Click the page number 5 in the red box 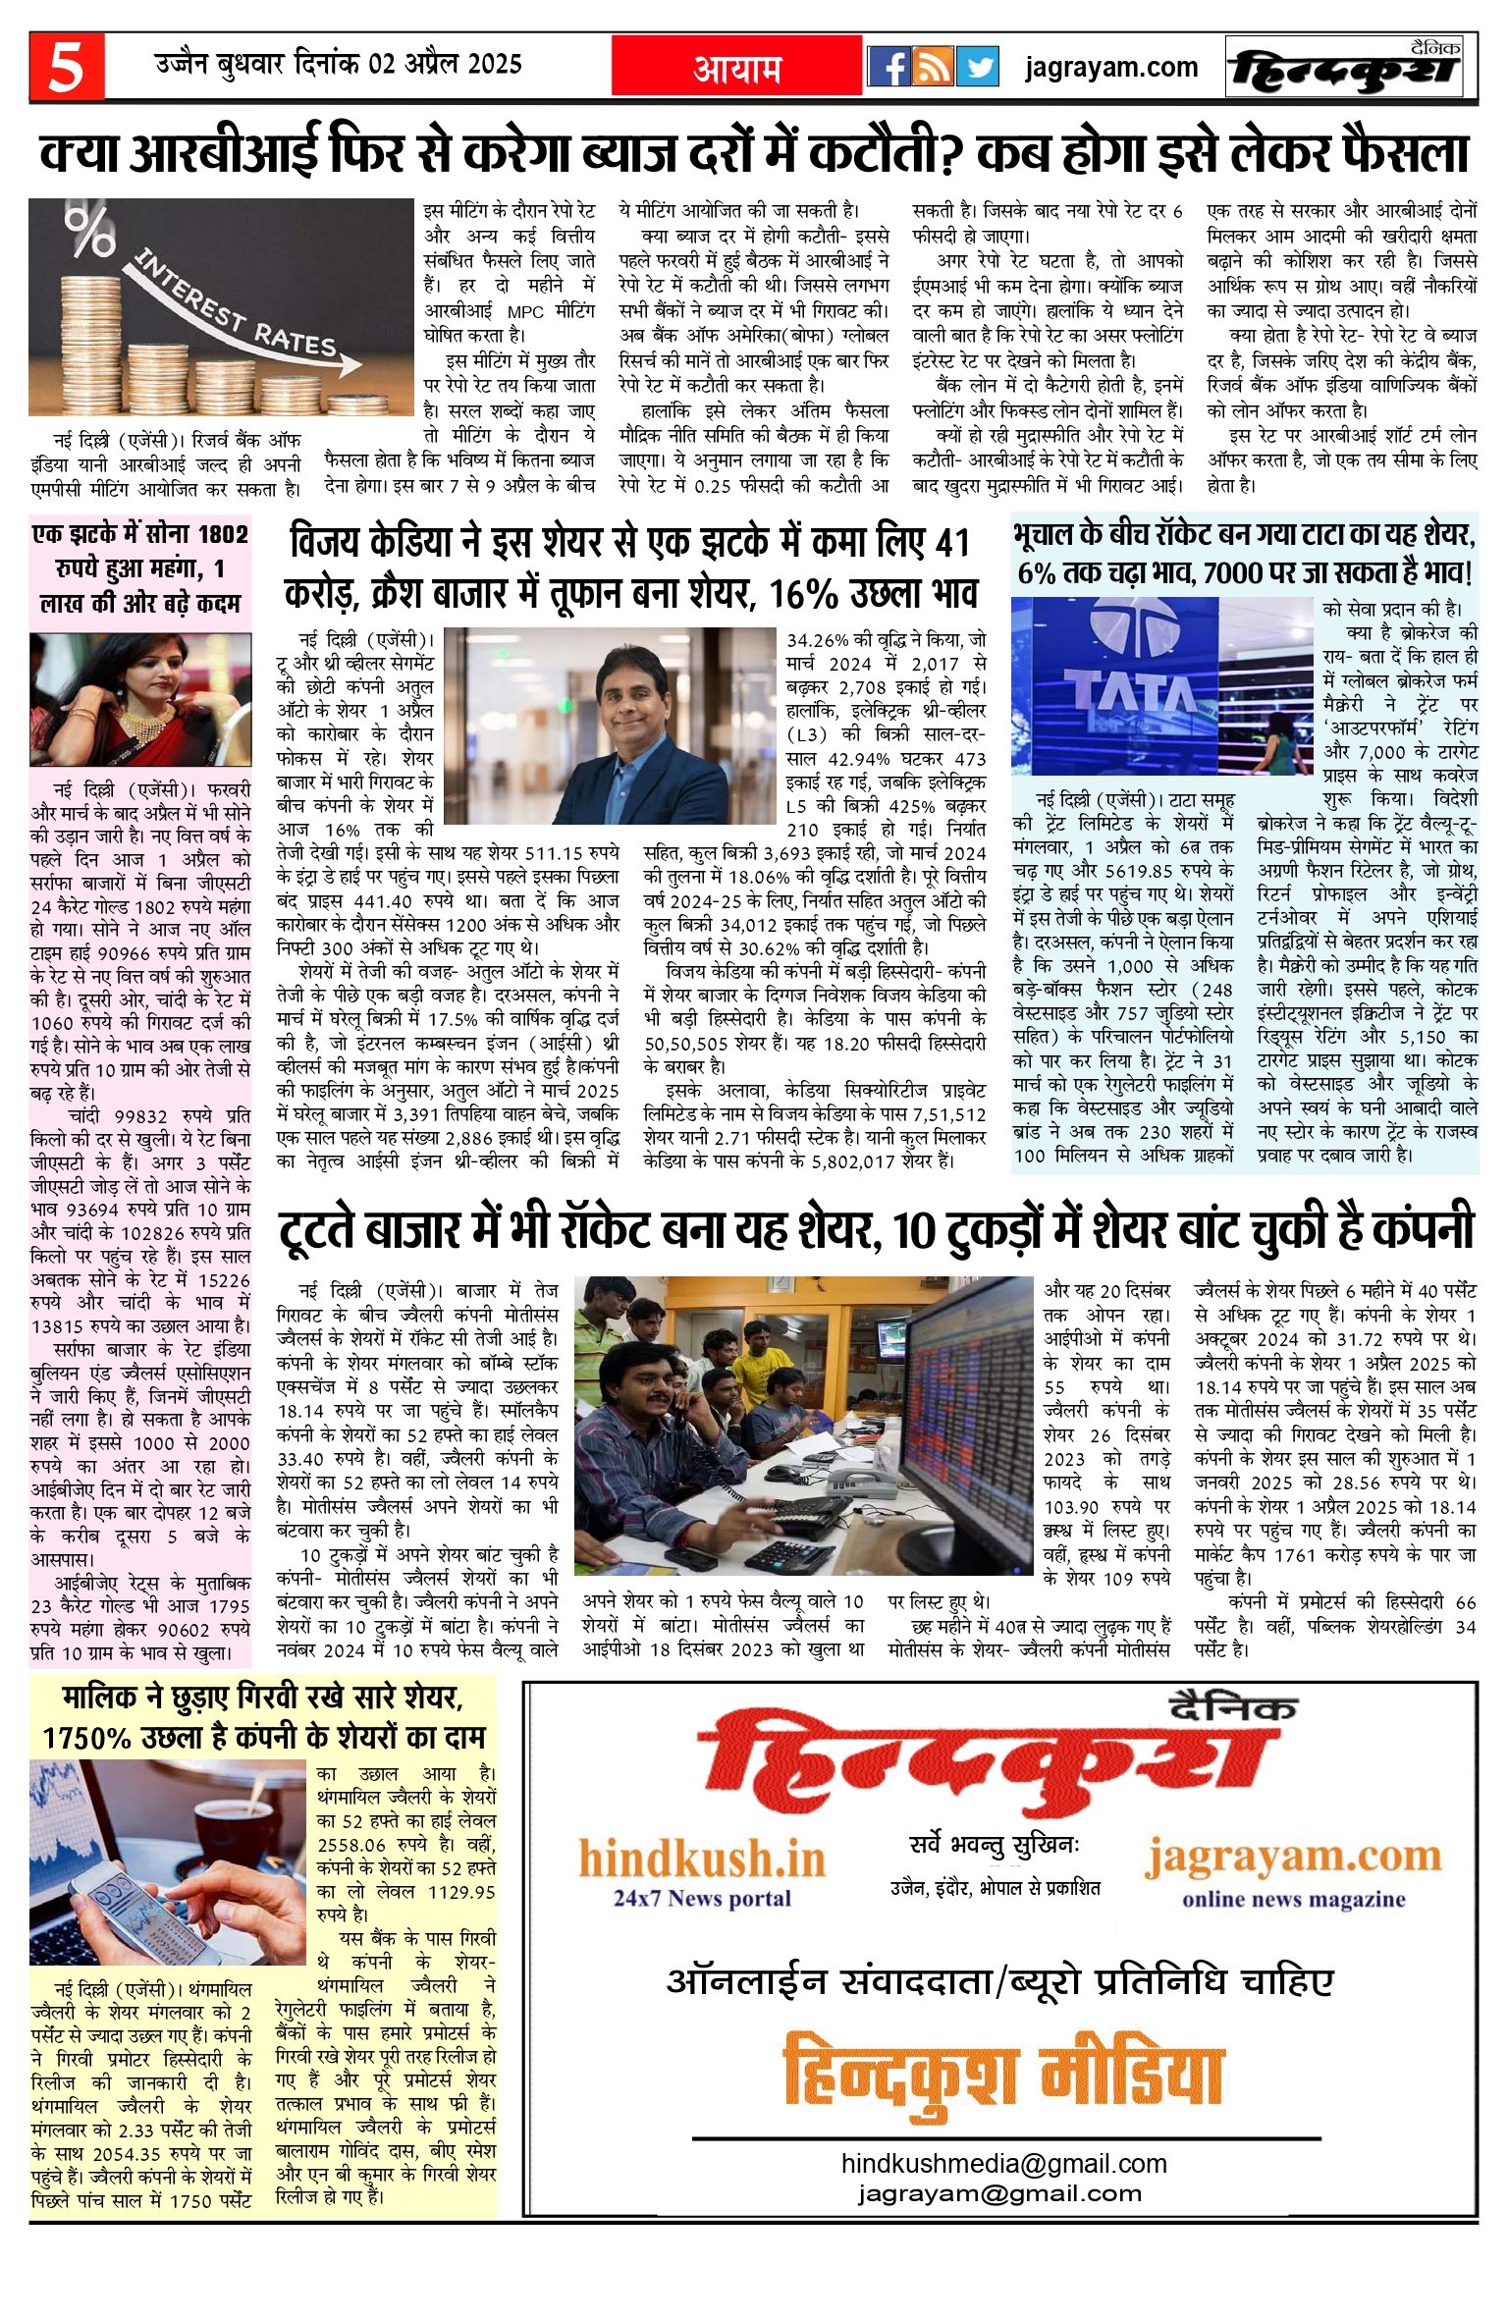tap(66, 68)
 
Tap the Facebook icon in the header tap(889, 68)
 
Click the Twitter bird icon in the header tap(977, 68)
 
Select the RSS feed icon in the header tap(933, 68)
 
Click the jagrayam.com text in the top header tap(1110, 68)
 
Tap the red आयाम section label tap(737, 69)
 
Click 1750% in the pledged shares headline tap(87, 1738)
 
